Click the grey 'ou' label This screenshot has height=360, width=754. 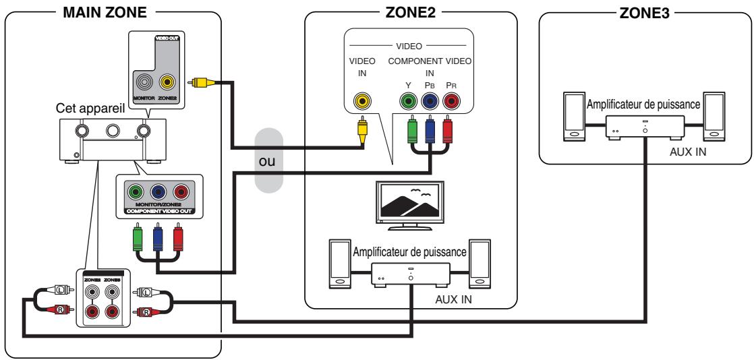pos(270,164)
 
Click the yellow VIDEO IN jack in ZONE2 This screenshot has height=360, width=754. pos(363,102)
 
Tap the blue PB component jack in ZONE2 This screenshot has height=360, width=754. pos(430,102)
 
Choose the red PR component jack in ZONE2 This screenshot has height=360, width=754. pos(452,102)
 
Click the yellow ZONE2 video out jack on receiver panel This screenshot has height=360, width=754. pos(166,82)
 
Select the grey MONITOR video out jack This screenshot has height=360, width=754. pos(145,82)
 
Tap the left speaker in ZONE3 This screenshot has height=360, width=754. pos(573,115)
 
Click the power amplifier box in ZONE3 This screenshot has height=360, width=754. pos(645,125)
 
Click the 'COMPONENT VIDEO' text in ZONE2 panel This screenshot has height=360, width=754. pos(429,61)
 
